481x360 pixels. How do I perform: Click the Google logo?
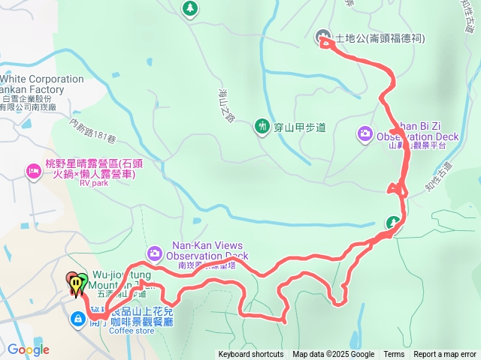click(x=29, y=349)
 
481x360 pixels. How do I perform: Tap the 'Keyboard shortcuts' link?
click(x=251, y=355)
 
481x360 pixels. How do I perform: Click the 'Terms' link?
click(x=394, y=355)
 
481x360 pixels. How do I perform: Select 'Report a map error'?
click(x=445, y=355)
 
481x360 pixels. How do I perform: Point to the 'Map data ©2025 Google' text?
click(x=333, y=355)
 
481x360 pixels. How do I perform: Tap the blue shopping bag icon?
click(x=77, y=319)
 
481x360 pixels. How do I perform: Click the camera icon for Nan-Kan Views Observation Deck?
click(x=154, y=251)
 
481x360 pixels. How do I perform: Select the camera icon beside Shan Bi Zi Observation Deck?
click(x=365, y=133)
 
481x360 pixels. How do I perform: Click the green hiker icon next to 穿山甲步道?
click(x=262, y=127)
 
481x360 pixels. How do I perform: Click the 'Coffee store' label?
click(x=131, y=331)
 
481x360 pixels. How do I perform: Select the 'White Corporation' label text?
click(x=42, y=79)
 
